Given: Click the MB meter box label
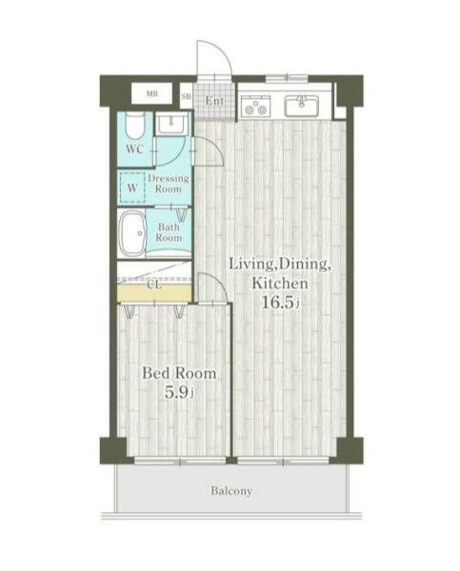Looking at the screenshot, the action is pos(151,93).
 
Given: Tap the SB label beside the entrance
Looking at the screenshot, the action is pos(187,96).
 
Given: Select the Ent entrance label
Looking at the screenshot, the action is pos(214,101).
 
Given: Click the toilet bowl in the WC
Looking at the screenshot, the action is pos(134,126).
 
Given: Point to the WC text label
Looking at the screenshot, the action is pos(135,149).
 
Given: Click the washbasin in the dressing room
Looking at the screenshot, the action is pos(171,123).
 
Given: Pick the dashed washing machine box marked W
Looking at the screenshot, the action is pos(132,187).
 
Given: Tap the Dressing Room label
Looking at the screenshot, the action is pos(169,184).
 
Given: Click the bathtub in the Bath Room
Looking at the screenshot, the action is pos(132,233).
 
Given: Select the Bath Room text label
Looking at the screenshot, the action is pos(169,232).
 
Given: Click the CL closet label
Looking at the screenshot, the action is pos(154,285).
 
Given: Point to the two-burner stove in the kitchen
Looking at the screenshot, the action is pos(255,106).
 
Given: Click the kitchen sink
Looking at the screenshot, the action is pos(302,106).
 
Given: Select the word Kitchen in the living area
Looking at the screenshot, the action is pos(280,283).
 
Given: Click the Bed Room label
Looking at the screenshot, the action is pos(179,374).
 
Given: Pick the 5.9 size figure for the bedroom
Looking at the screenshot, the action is pos(177,392).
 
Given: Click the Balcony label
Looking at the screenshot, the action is pos(231,491).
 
